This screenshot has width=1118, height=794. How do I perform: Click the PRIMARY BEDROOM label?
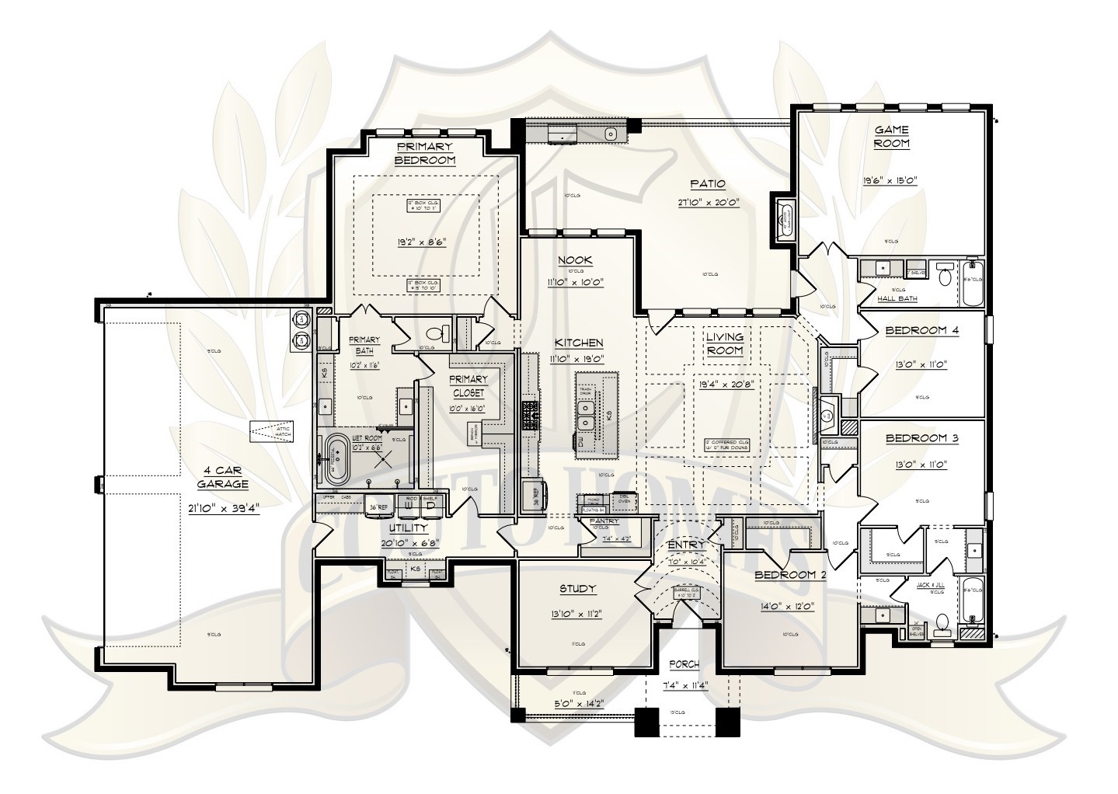pos(425,153)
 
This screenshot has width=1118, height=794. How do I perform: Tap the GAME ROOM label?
pos(891,137)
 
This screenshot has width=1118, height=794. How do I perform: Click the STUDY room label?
pos(577,588)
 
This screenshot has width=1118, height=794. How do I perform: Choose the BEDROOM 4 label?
pos(922,330)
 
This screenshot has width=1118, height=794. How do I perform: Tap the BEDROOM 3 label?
pos(922,438)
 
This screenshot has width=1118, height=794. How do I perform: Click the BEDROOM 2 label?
pos(785,576)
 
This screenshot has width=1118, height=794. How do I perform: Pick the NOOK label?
pos(576,260)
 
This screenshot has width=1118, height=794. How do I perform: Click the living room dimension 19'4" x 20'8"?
pos(725,383)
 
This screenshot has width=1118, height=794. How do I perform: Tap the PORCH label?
pos(684,664)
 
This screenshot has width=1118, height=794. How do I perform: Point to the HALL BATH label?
pos(897,298)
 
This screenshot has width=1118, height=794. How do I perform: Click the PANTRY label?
pos(603,521)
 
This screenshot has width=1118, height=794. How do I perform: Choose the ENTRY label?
pos(687,546)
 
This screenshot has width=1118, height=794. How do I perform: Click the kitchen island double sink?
pos(587,414)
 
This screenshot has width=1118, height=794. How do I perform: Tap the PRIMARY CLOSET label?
pos(468,386)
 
